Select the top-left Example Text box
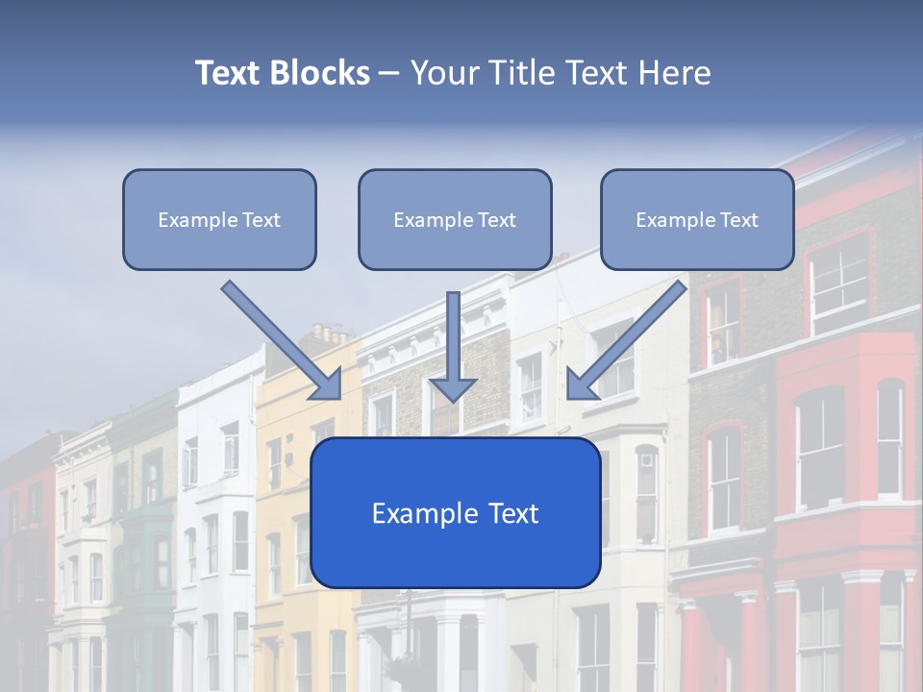click(219, 219)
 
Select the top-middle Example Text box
click(455, 219)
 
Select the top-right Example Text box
click(697, 219)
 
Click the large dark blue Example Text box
click(456, 512)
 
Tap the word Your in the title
click(442, 73)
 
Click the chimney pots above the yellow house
click(328, 334)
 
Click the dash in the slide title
click(389, 73)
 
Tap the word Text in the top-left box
click(262, 220)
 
